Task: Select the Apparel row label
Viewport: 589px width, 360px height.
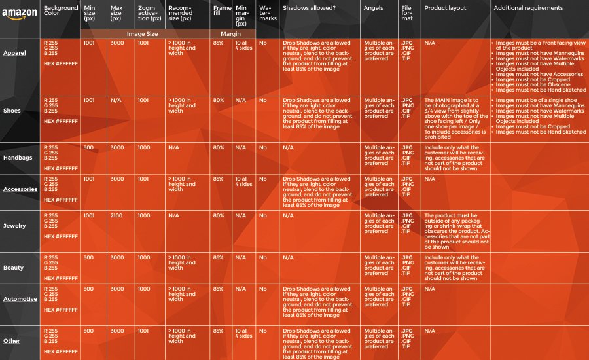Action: pos(14,53)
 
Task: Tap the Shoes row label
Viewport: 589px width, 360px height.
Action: pos(12,111)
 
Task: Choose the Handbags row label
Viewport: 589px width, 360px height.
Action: pos(17,158)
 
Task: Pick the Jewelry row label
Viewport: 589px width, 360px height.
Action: pos(15,226)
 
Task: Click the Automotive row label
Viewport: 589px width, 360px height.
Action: pos(20,299)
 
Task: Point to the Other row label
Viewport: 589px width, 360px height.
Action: pos(11,341)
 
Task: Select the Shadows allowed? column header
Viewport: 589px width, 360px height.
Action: pos(308,8)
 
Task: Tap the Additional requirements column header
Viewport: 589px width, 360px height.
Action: pos(528,8)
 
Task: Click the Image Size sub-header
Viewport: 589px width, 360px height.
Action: pos(145,33)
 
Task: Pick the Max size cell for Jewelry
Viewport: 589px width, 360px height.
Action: pos(117,215)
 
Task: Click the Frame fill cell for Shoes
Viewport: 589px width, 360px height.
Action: pos(219,100)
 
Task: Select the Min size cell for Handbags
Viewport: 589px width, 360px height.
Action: pos(88,147)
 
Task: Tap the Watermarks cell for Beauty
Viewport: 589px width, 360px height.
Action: pos(262,257)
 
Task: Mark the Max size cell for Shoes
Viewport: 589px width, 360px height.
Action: pos(116,100)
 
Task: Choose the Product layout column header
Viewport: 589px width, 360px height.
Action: pos(445,8)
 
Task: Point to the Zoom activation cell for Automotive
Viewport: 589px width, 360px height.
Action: pos(143,289)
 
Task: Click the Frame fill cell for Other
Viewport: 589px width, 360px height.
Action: pos(219,331)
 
